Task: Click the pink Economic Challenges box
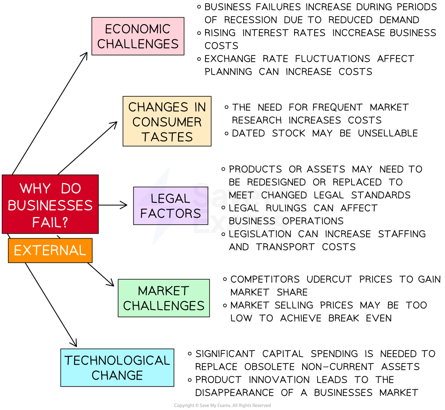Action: point(138,36)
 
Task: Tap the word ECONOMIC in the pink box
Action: point(138,29)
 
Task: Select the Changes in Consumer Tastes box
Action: point(167,121)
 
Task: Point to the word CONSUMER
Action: point(167,122)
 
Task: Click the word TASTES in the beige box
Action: point(167,137)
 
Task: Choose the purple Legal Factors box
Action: point(170,206)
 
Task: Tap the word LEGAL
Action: point(170,198)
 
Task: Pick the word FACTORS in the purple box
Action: point(170,213)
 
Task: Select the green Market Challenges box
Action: point(163,298)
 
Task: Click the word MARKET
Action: point(163,291)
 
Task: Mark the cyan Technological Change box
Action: point(117,368)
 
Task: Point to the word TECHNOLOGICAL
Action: point(117,360)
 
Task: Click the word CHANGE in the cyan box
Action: point(117,375)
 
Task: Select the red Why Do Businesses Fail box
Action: point(50,204)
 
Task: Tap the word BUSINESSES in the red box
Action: point(50,205)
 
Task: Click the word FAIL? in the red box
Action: point(50,222)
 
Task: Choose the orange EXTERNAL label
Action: point(50,251)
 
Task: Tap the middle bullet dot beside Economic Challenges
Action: point(199,33)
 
